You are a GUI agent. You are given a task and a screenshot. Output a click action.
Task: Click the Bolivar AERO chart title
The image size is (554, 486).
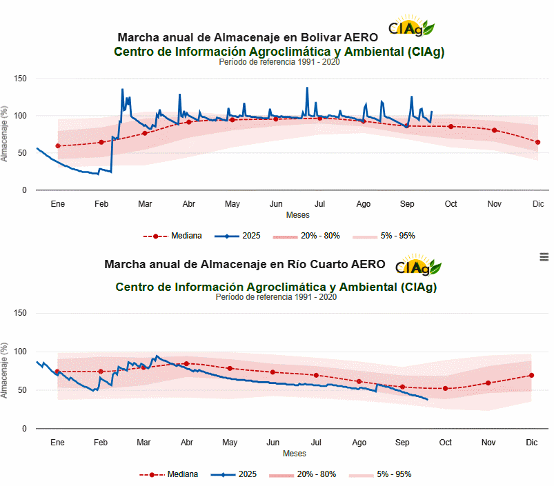(247, 37)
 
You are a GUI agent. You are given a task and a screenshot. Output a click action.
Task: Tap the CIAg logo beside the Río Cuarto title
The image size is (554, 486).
(418, 265)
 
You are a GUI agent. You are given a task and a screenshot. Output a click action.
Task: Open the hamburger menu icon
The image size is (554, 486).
(544, 256)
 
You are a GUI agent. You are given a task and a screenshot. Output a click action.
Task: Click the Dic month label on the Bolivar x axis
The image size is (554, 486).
(538, 204)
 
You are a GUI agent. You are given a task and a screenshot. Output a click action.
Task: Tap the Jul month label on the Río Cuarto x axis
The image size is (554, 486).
(317, 443)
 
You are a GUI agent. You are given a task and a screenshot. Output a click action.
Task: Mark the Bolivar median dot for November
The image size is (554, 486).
(494, 130)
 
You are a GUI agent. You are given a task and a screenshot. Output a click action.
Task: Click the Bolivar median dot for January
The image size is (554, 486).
(58, 146)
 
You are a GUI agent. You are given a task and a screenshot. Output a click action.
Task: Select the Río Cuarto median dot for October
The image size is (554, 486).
(446, 388)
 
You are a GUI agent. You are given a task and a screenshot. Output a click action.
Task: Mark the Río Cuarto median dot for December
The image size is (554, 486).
(531, 375)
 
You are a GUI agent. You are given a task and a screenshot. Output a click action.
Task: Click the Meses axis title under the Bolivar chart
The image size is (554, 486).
(297, 215)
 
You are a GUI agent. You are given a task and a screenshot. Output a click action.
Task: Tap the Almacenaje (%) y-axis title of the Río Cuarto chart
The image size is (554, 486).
(5, 371)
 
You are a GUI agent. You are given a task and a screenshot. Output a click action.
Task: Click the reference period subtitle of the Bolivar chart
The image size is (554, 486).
(279, 62)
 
